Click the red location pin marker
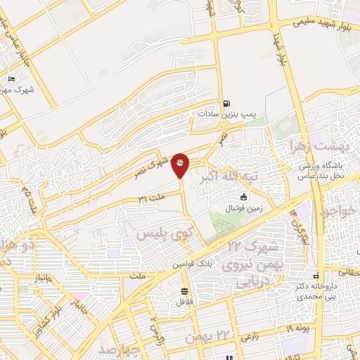(181, 164)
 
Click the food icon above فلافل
(185, 290)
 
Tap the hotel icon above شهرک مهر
(11, 79)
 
